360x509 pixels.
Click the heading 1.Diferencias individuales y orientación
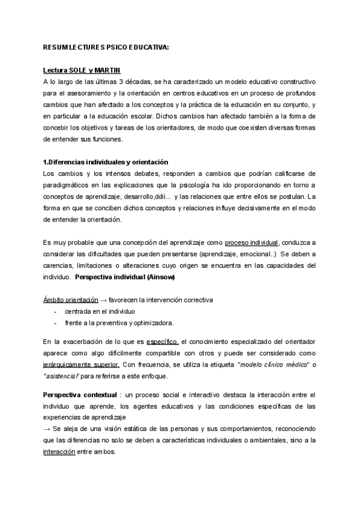point(106,163)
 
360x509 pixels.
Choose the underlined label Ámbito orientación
point(70,299)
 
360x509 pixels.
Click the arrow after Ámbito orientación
point(103,299)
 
